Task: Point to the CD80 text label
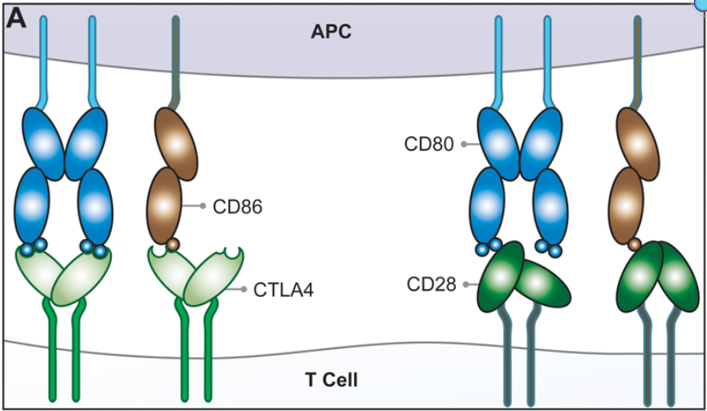(x=428, y=144)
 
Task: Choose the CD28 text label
(x=431, y=285)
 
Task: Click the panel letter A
(x=16, y=19)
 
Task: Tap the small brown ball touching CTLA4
(x=172, y=244)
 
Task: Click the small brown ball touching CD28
(x=635, y=243)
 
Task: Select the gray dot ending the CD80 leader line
(x=464, y=144)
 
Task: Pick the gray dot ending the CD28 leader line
(x=466, y=285)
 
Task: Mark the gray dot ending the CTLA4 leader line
(x=243, y=289)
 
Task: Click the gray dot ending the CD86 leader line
(x=202, y=206)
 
